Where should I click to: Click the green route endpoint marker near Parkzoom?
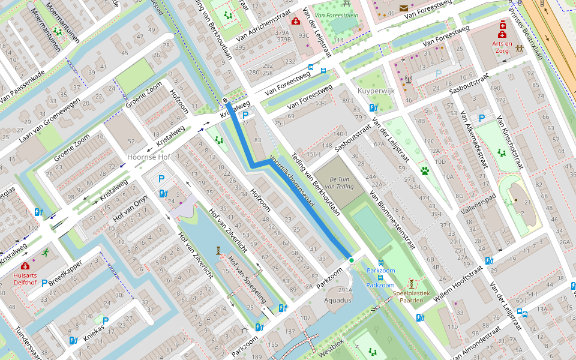tap(352, 260)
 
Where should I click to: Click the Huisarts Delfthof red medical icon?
tap(25, 266)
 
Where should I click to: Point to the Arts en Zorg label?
tap(502, 47)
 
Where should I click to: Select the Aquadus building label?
tap(338, 300)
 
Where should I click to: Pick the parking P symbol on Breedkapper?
tap(44, 282)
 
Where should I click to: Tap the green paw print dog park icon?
tap(425, 171)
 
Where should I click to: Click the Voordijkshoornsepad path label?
tap(292, 183)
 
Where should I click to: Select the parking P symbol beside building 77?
tap(245, 115)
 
